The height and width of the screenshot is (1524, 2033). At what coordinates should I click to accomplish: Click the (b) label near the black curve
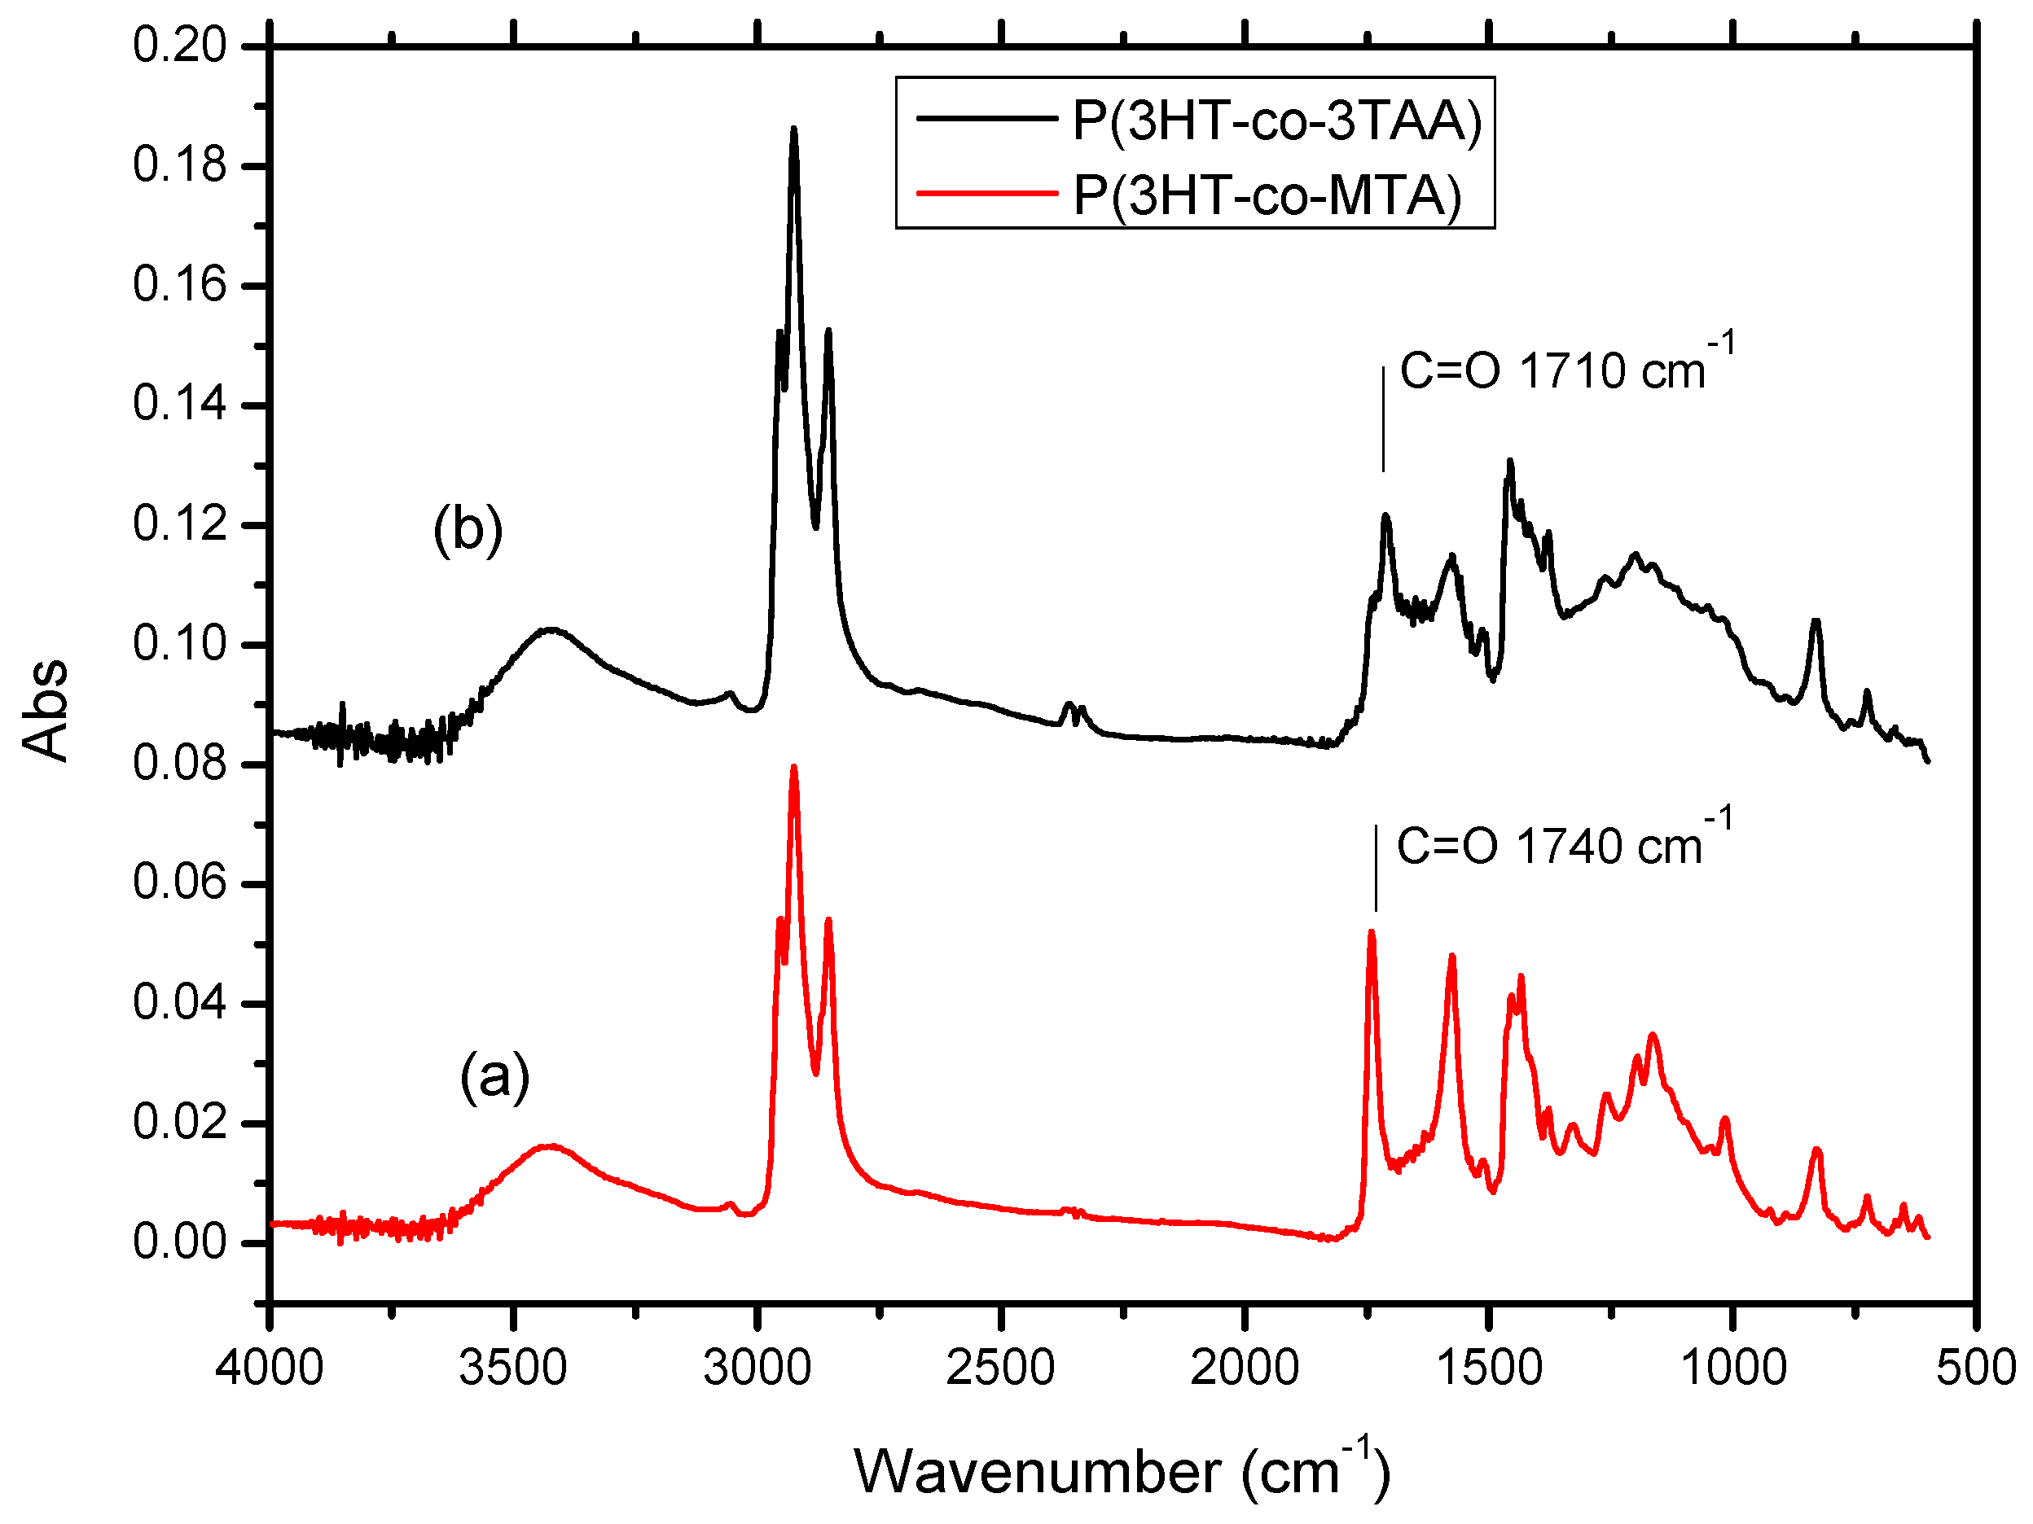coord(468,530)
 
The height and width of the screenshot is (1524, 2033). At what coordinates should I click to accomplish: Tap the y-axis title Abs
coord(46,709)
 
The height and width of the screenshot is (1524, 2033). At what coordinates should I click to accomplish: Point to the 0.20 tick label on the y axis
coord(179,45)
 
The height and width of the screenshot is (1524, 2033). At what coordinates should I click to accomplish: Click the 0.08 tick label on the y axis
coord(179,764)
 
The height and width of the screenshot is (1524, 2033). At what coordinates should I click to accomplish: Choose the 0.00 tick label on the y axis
coord(179,1242)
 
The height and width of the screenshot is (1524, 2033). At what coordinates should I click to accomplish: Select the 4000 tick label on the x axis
coord(270,1367)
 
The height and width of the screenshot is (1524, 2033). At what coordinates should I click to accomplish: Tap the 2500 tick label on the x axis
coord(1000,1367)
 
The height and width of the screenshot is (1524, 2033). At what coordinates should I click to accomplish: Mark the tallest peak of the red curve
coord(794,767)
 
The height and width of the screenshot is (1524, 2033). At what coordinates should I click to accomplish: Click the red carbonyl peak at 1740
coord(1372,932)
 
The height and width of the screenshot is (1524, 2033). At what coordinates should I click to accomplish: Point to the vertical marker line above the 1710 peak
coord(1383,418)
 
